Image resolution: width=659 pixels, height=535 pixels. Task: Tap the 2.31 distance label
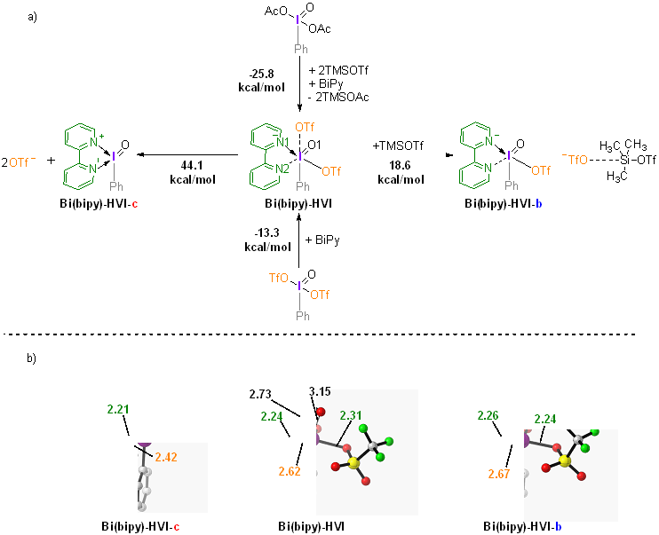350,413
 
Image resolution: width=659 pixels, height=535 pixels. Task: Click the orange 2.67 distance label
499,474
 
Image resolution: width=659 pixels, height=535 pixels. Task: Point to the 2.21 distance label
117,409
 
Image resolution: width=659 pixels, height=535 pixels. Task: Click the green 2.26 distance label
488,414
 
